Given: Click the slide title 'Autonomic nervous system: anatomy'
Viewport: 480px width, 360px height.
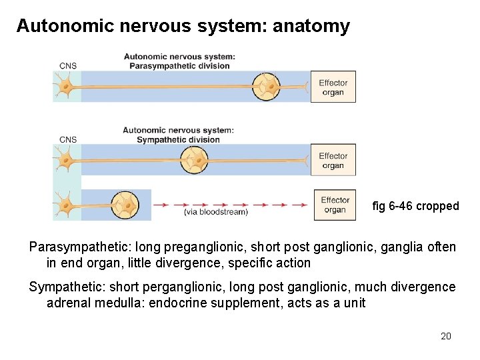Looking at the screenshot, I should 183,26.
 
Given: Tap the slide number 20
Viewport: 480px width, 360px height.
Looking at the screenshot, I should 446,336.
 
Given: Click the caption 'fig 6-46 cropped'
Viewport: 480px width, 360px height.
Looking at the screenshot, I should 415,206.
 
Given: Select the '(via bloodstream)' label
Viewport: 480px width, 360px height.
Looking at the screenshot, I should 215,212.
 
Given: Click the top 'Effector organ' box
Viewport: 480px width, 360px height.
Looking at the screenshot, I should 333,87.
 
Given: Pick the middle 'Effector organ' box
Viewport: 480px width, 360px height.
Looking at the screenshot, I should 333,161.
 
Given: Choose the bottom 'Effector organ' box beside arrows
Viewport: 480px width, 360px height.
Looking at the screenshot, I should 335,205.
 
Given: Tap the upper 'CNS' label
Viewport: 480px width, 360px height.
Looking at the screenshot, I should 68,65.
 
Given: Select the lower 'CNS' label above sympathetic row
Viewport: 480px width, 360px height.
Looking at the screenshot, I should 68,139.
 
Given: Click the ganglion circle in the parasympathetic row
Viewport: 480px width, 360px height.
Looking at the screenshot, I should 267,87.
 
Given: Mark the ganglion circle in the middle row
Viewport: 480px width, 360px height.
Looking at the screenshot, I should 195,160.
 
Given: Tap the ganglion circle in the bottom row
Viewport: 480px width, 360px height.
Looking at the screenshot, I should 125,205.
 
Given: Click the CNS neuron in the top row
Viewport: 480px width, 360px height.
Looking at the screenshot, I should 65,87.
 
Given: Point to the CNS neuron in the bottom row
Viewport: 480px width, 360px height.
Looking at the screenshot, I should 65,204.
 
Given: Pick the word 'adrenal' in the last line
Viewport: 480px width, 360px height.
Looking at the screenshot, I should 67,303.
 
